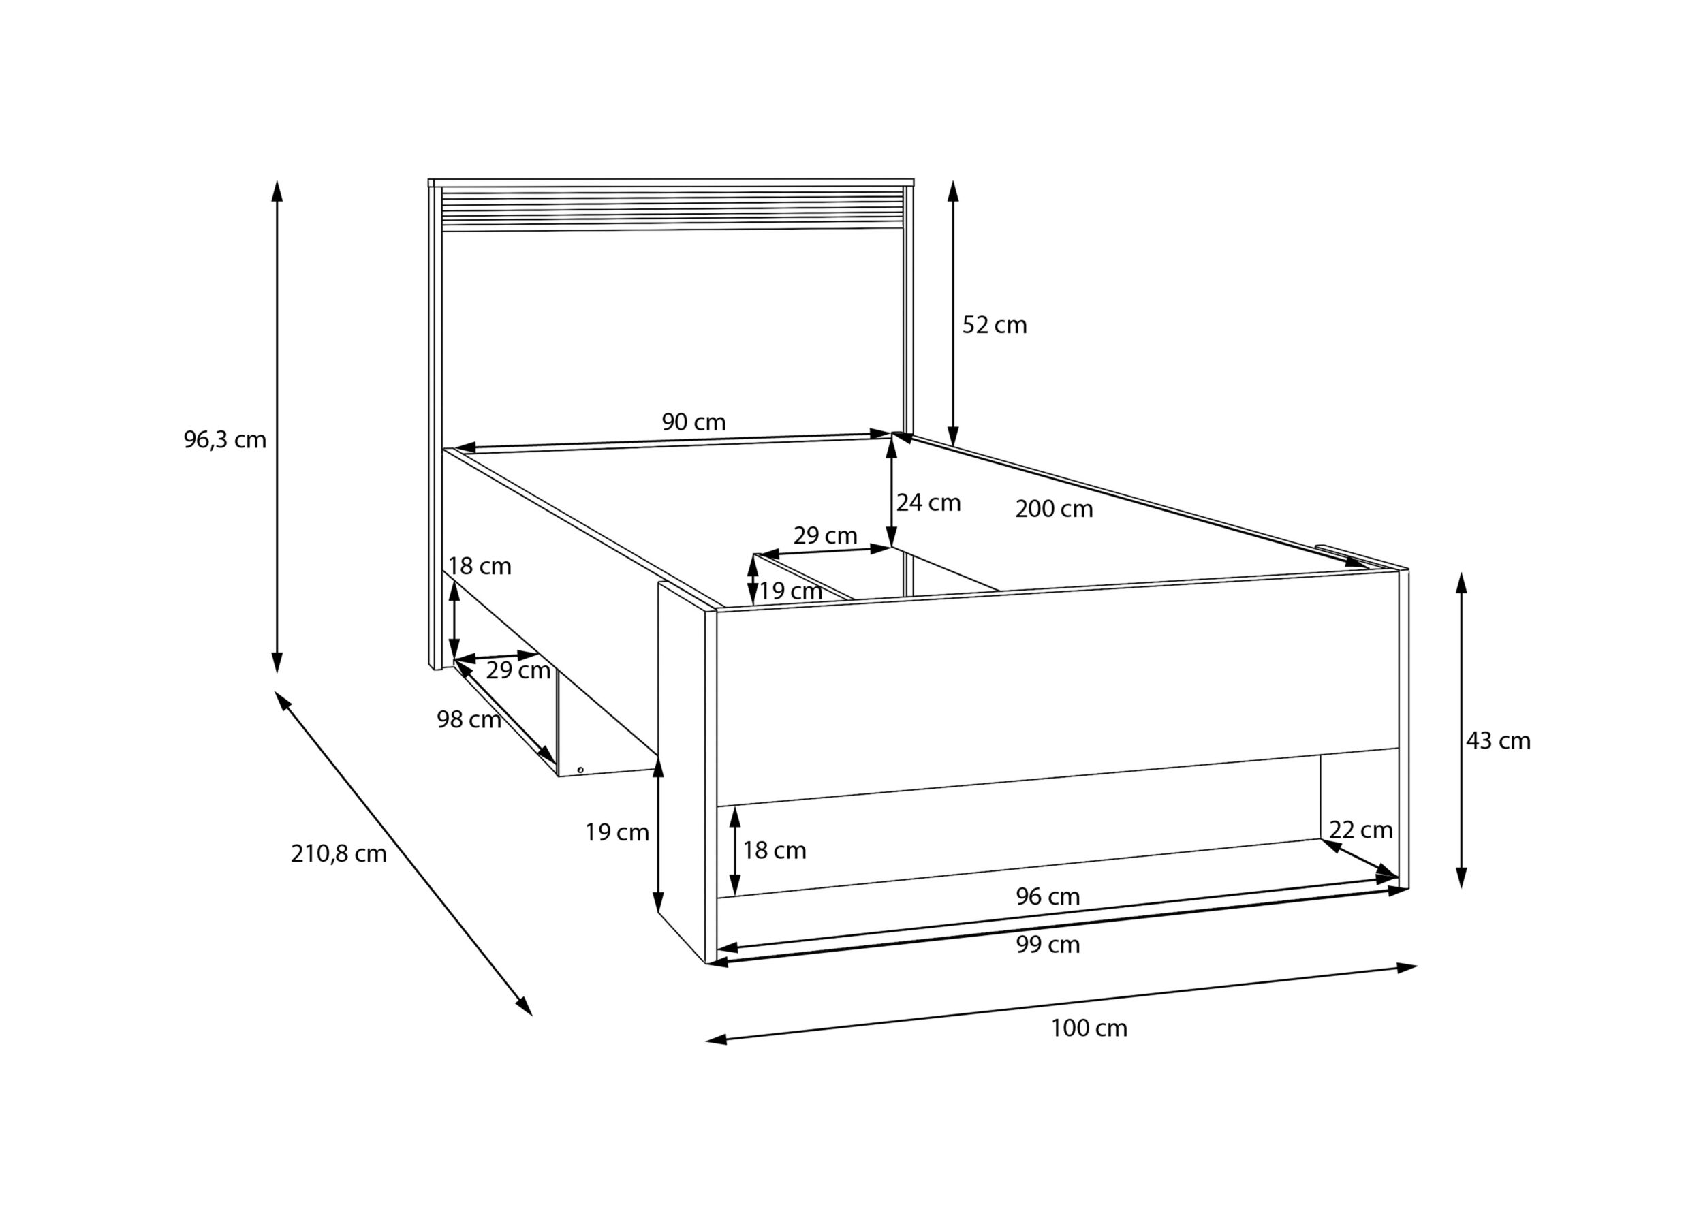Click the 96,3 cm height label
click(225, 440)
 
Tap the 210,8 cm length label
click(339, 853)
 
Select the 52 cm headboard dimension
click(994, 325)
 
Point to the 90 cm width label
click(693, 422)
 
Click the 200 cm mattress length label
click(1053, 509)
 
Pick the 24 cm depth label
click(928, 503)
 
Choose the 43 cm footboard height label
click(1498, 741)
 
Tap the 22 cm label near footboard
click(1360, 830)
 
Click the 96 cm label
click(1048, 896)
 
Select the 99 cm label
click(1048, 945)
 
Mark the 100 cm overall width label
click(1089, 1028)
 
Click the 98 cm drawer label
click(469, 720)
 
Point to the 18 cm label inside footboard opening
click(774, 851)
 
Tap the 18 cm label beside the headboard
click(480, 567)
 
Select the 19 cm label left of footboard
click(616, 833)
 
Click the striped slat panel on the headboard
click(672, 209)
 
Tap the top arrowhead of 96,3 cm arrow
click(277, 190)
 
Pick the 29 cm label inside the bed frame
click(825, 536)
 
